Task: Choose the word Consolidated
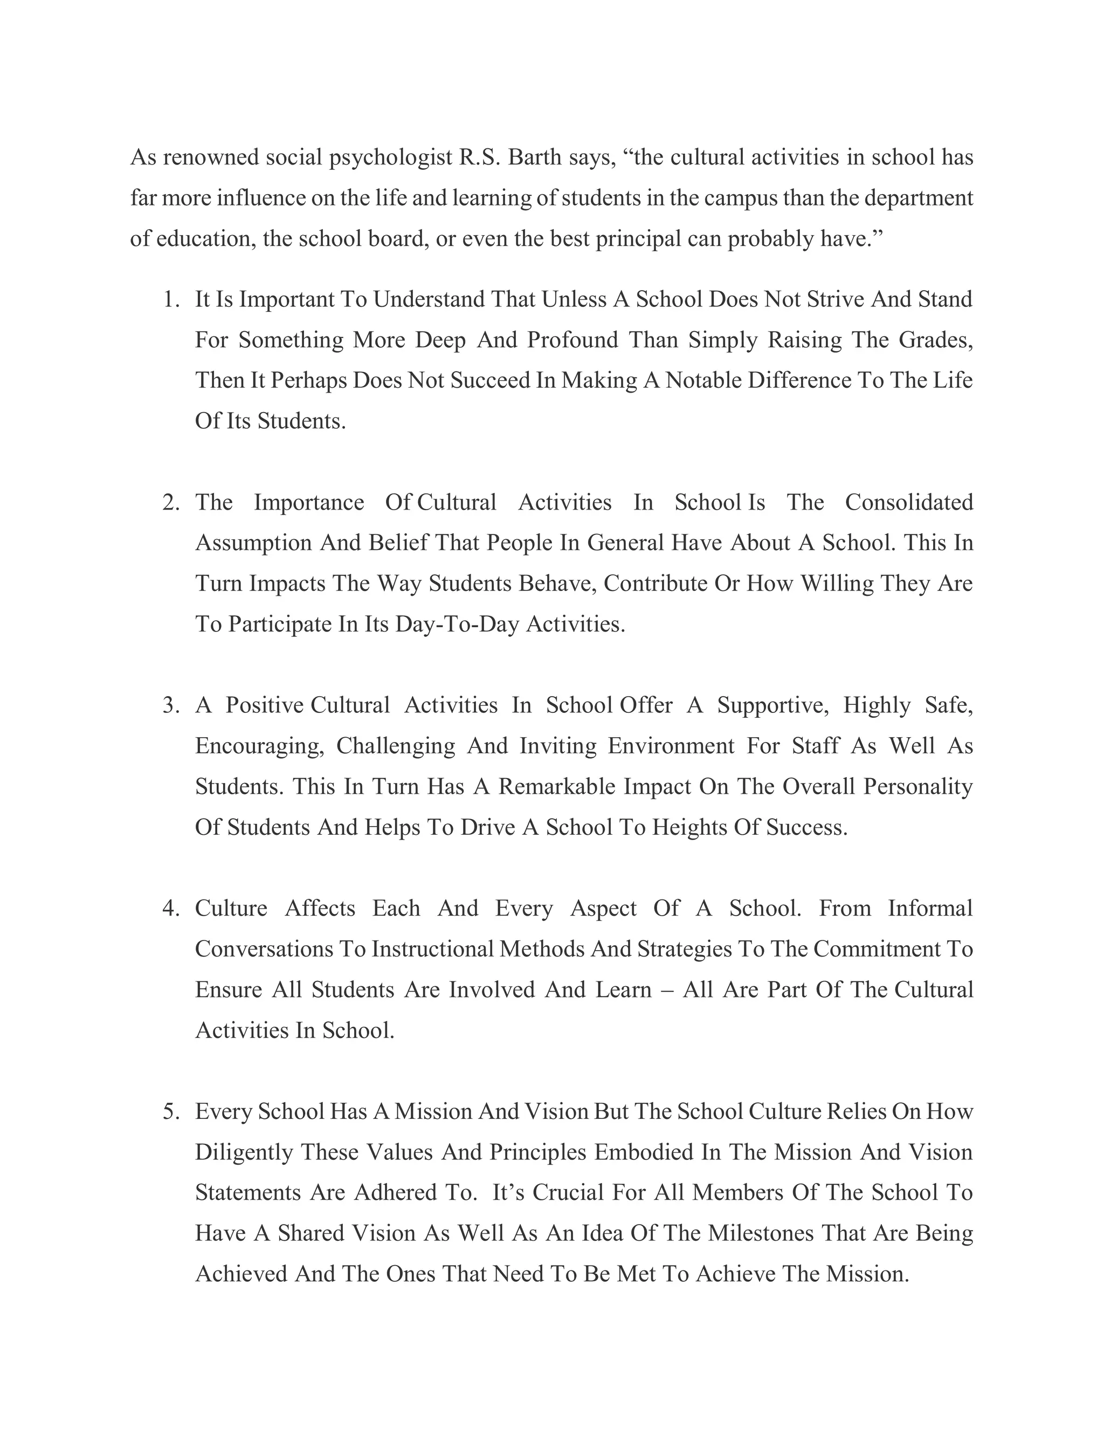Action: pyautogui.click(x=909, y=503)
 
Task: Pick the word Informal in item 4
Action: pyautogui.click(x=930, y=909)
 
